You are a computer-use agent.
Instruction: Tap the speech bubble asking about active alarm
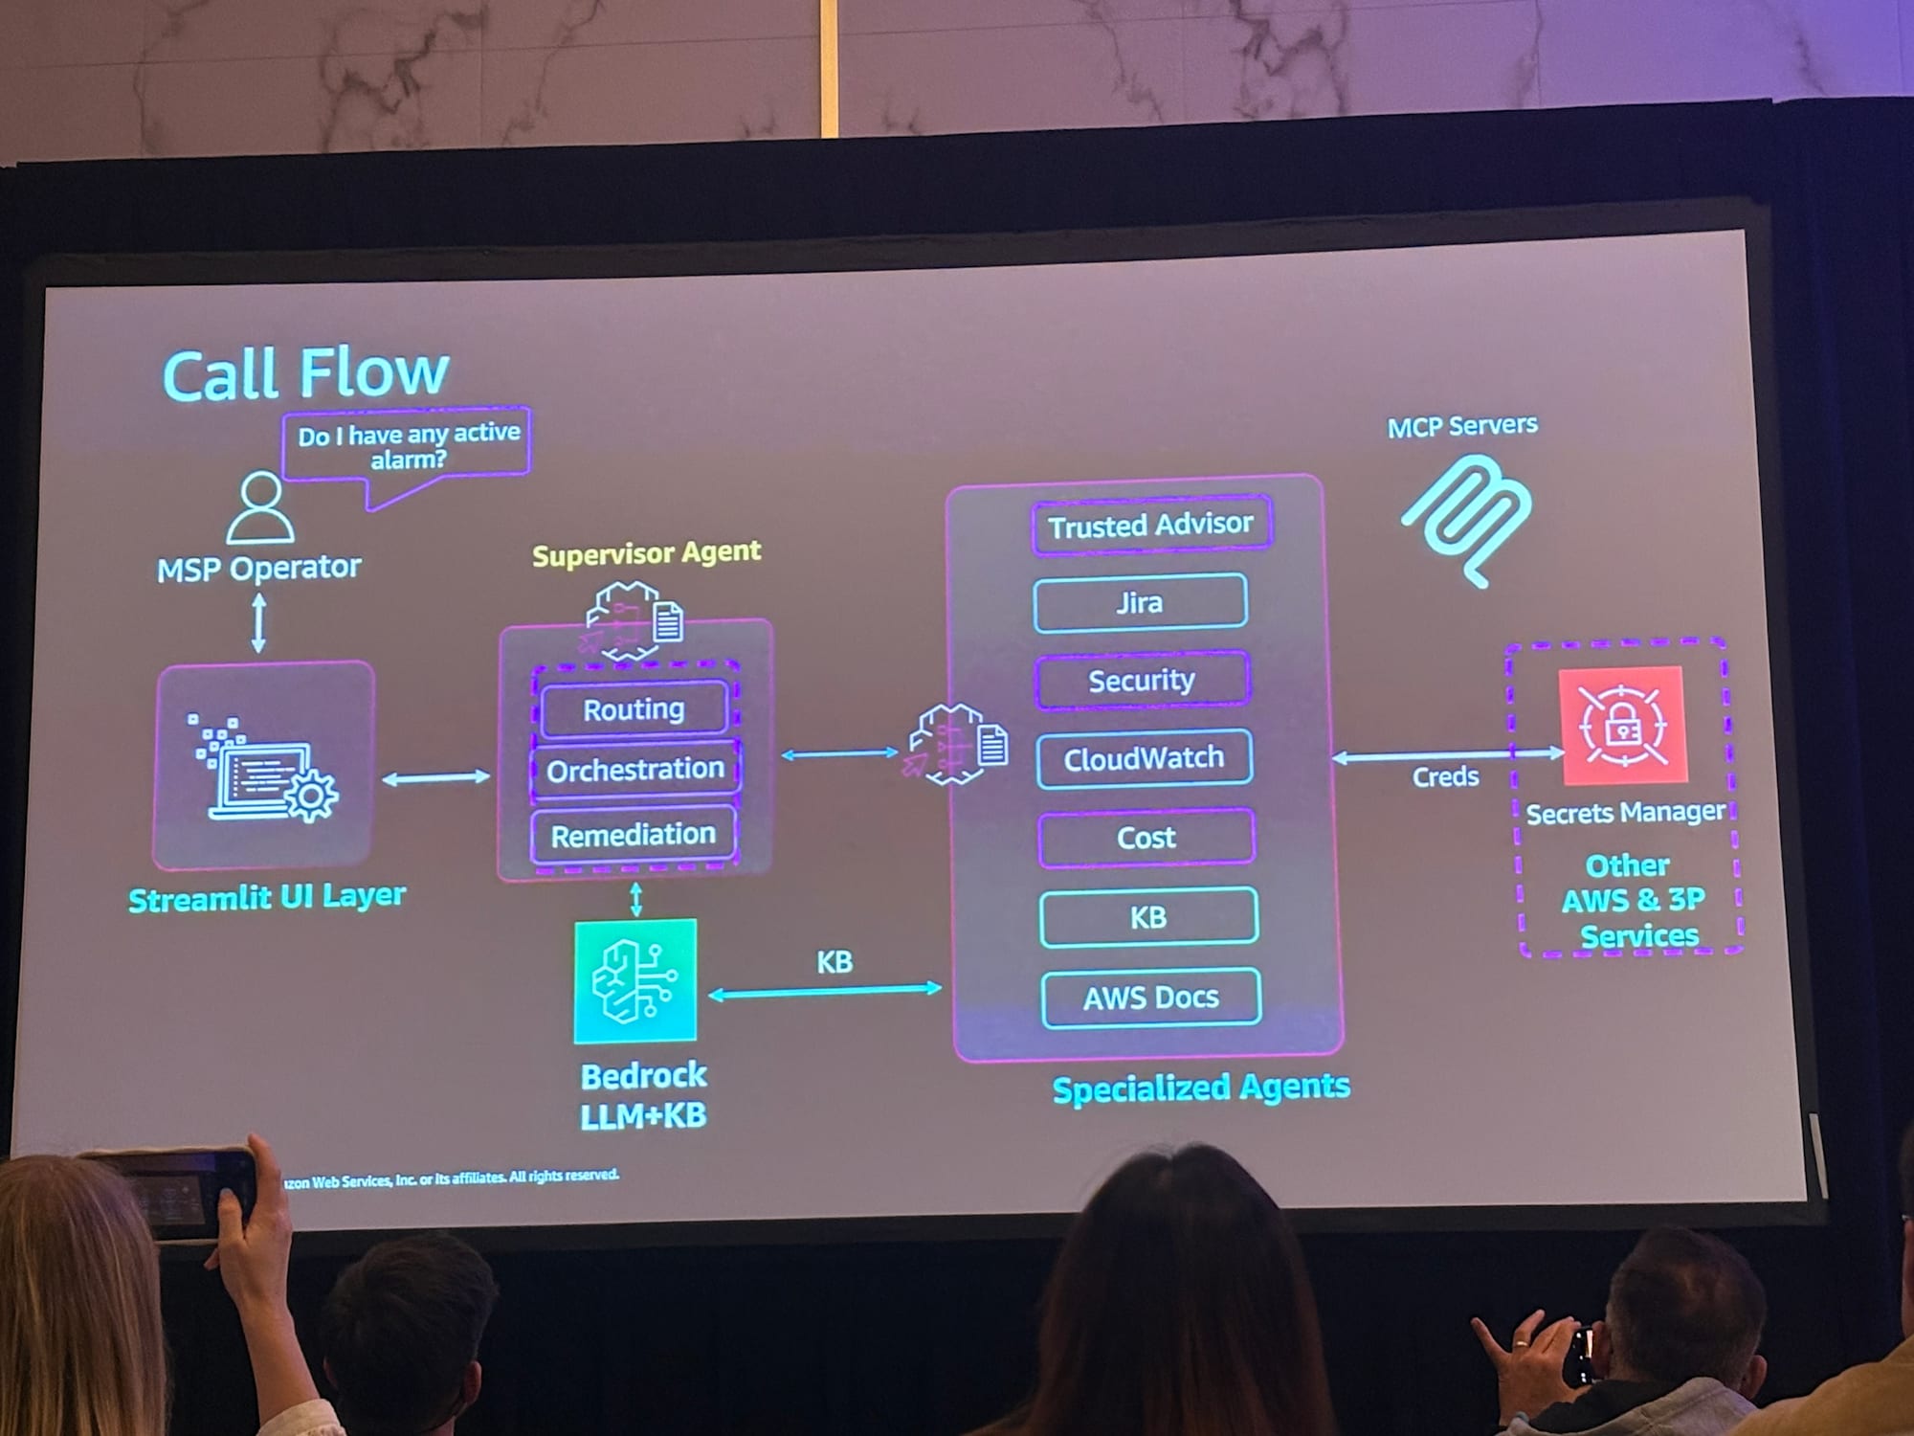408,446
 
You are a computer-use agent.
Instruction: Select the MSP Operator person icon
259,507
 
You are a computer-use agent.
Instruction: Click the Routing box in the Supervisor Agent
634,709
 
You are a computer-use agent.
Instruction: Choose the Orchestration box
634,769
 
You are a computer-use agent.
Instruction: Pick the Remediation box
633,835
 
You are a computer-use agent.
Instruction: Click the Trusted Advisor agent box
1150,525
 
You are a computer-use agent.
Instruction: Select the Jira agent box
1139,603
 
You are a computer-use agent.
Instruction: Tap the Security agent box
1142,681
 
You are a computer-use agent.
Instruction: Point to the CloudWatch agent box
1144,758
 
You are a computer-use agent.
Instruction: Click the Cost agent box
1146,838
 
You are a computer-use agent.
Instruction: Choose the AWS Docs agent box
1150,998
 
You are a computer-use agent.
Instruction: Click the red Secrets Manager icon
1622,725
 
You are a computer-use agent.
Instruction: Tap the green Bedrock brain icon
635,980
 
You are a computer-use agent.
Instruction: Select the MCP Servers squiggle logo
1466,517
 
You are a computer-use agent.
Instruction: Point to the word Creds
1445,776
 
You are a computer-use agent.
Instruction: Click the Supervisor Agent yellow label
646,553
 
